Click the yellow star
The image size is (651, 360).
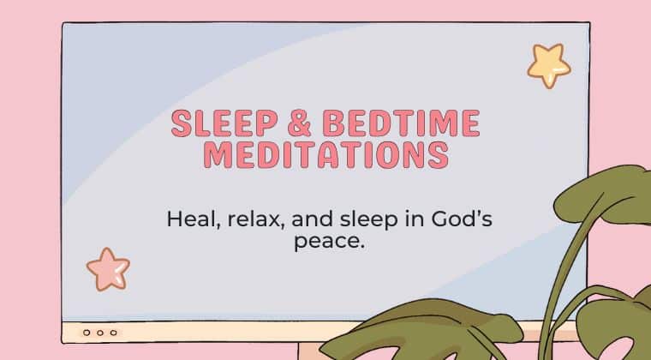point(549,66)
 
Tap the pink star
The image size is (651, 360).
point(109,269)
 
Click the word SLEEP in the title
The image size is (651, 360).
point(224,123)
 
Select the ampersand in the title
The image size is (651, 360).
point(299,123)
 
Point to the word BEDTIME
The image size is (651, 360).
point(401,123)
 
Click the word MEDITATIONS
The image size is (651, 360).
point(326,155)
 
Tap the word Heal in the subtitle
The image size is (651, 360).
point(193,219)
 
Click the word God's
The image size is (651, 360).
point(462,219)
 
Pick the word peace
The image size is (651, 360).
point(330,242)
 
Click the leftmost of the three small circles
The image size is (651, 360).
point(87,333)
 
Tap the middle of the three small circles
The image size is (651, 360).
point(100,333)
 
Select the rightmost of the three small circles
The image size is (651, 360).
point(113,333)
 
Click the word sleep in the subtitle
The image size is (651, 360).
point(368,220)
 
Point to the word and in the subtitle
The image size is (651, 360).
point(312,219)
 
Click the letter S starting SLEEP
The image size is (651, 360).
point(182,123)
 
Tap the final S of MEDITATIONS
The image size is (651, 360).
point(439,155)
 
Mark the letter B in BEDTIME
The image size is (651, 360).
point(333,123)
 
